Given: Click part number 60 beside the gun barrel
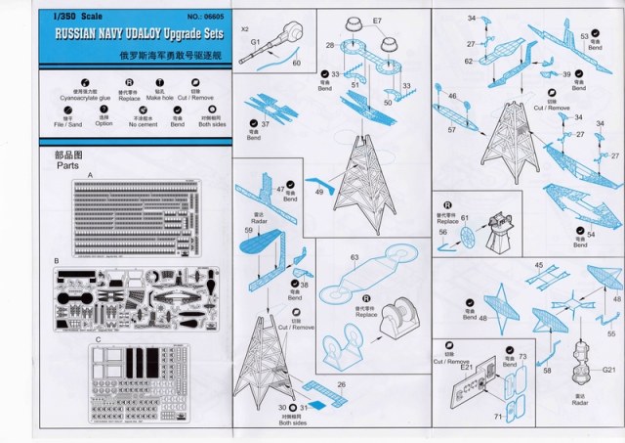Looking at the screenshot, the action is point(297,63).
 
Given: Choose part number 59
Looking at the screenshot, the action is point(248,230).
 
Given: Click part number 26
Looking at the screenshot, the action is point(341,386).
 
